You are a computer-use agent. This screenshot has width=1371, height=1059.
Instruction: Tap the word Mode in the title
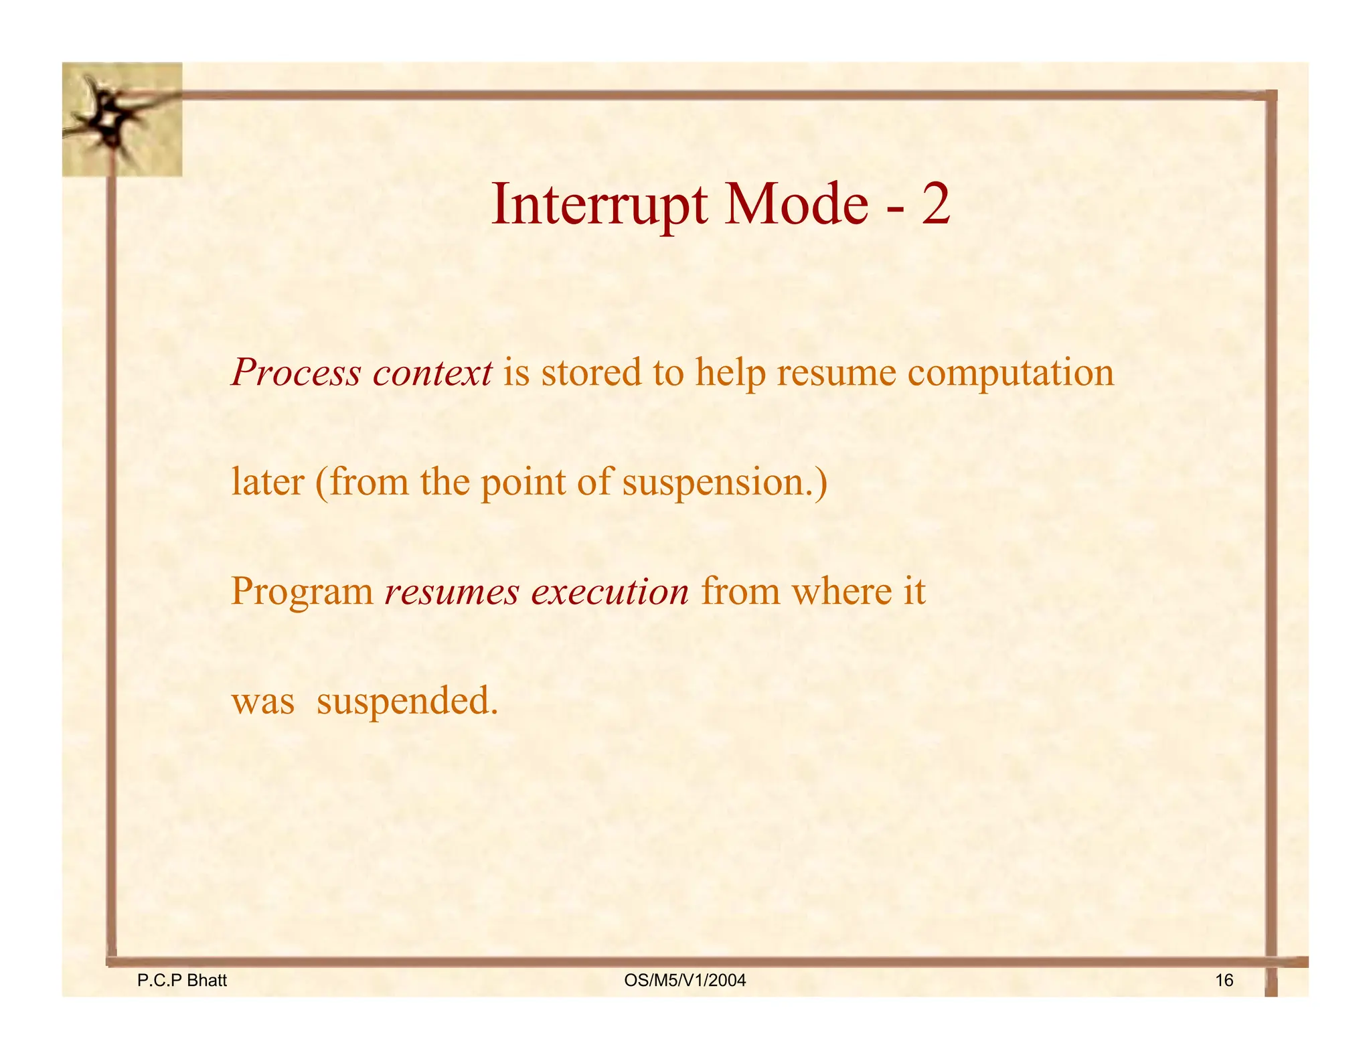pyautogui.click(x=797, y=206)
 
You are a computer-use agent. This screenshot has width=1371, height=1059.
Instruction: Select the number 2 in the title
pyautogui.click(x=935, y=206)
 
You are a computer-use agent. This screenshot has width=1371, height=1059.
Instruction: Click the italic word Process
pyautogui.click(x=296, y=373)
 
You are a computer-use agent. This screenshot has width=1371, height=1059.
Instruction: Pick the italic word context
pyautogui.click(x=432, y=373)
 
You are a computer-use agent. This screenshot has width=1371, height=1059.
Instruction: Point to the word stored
pyautogui.click(x=591, y=373)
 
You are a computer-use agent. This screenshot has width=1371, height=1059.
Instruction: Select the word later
pyautogui.click(x=267, y=482)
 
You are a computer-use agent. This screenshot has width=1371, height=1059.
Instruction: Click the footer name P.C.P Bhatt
pyautogui.click(x=181, y=981)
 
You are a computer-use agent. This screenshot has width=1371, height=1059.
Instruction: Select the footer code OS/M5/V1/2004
pyautogui.click(x=685, y=981)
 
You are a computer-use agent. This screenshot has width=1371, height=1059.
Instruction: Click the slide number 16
pyautogui.click(x=1224, y=981)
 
